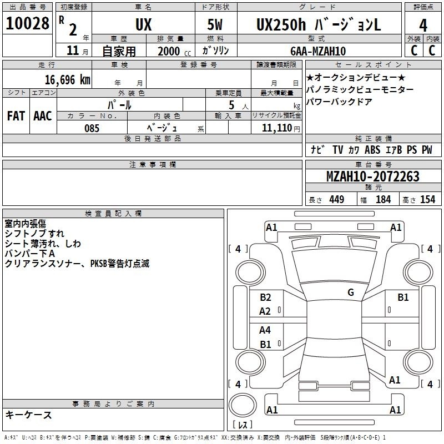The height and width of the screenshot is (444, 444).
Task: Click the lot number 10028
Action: click(x=27, y=23)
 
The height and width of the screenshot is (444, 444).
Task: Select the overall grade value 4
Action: click(x=423, y=26)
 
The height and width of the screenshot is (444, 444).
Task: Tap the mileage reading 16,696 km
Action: click(x=67, y=80)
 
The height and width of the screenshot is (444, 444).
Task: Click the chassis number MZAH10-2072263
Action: click(x=373, y=176)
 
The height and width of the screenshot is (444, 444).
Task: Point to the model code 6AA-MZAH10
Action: click(x=318, y=51)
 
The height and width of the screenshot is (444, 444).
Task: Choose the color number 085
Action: click(x=92, y=128)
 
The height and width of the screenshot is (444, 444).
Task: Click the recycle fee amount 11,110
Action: click(x=276, y=128)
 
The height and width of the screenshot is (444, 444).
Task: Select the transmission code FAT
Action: click(x=16, y=116)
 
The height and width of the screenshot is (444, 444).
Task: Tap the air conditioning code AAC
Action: click(x=43, y=116)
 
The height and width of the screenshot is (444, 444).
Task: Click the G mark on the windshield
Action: click(x=351, y=292)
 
